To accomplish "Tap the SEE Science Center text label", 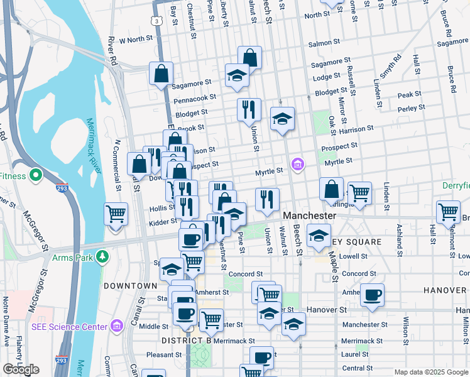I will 69,326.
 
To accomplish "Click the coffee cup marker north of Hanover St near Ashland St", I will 372,295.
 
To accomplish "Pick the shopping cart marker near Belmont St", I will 448,212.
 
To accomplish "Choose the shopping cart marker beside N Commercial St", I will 116,214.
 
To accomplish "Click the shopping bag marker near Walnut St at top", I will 249,57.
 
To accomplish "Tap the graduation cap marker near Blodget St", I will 283,117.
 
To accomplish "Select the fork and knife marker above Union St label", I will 249,109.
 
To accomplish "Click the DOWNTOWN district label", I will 130,286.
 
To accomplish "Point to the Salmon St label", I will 325,44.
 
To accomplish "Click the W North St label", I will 136,39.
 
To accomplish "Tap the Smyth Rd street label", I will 391,68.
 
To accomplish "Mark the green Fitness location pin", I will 36,175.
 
